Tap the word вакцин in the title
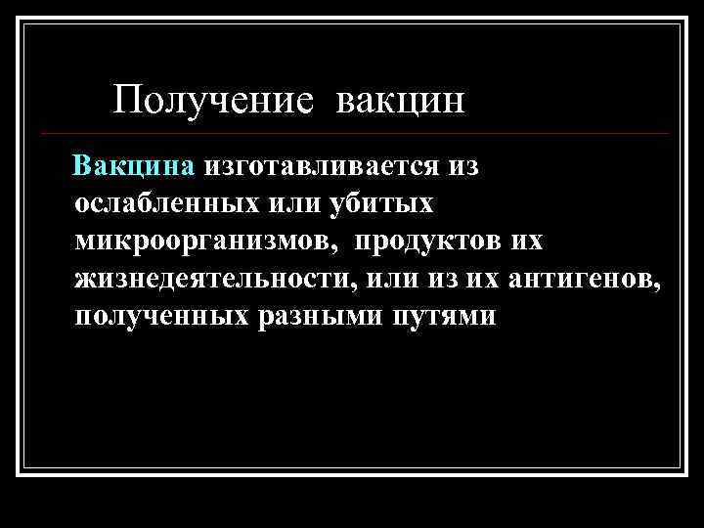(402, 100)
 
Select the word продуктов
(427, 241)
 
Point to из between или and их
(440, 279)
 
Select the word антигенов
(585, 279)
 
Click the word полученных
(160, 317)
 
